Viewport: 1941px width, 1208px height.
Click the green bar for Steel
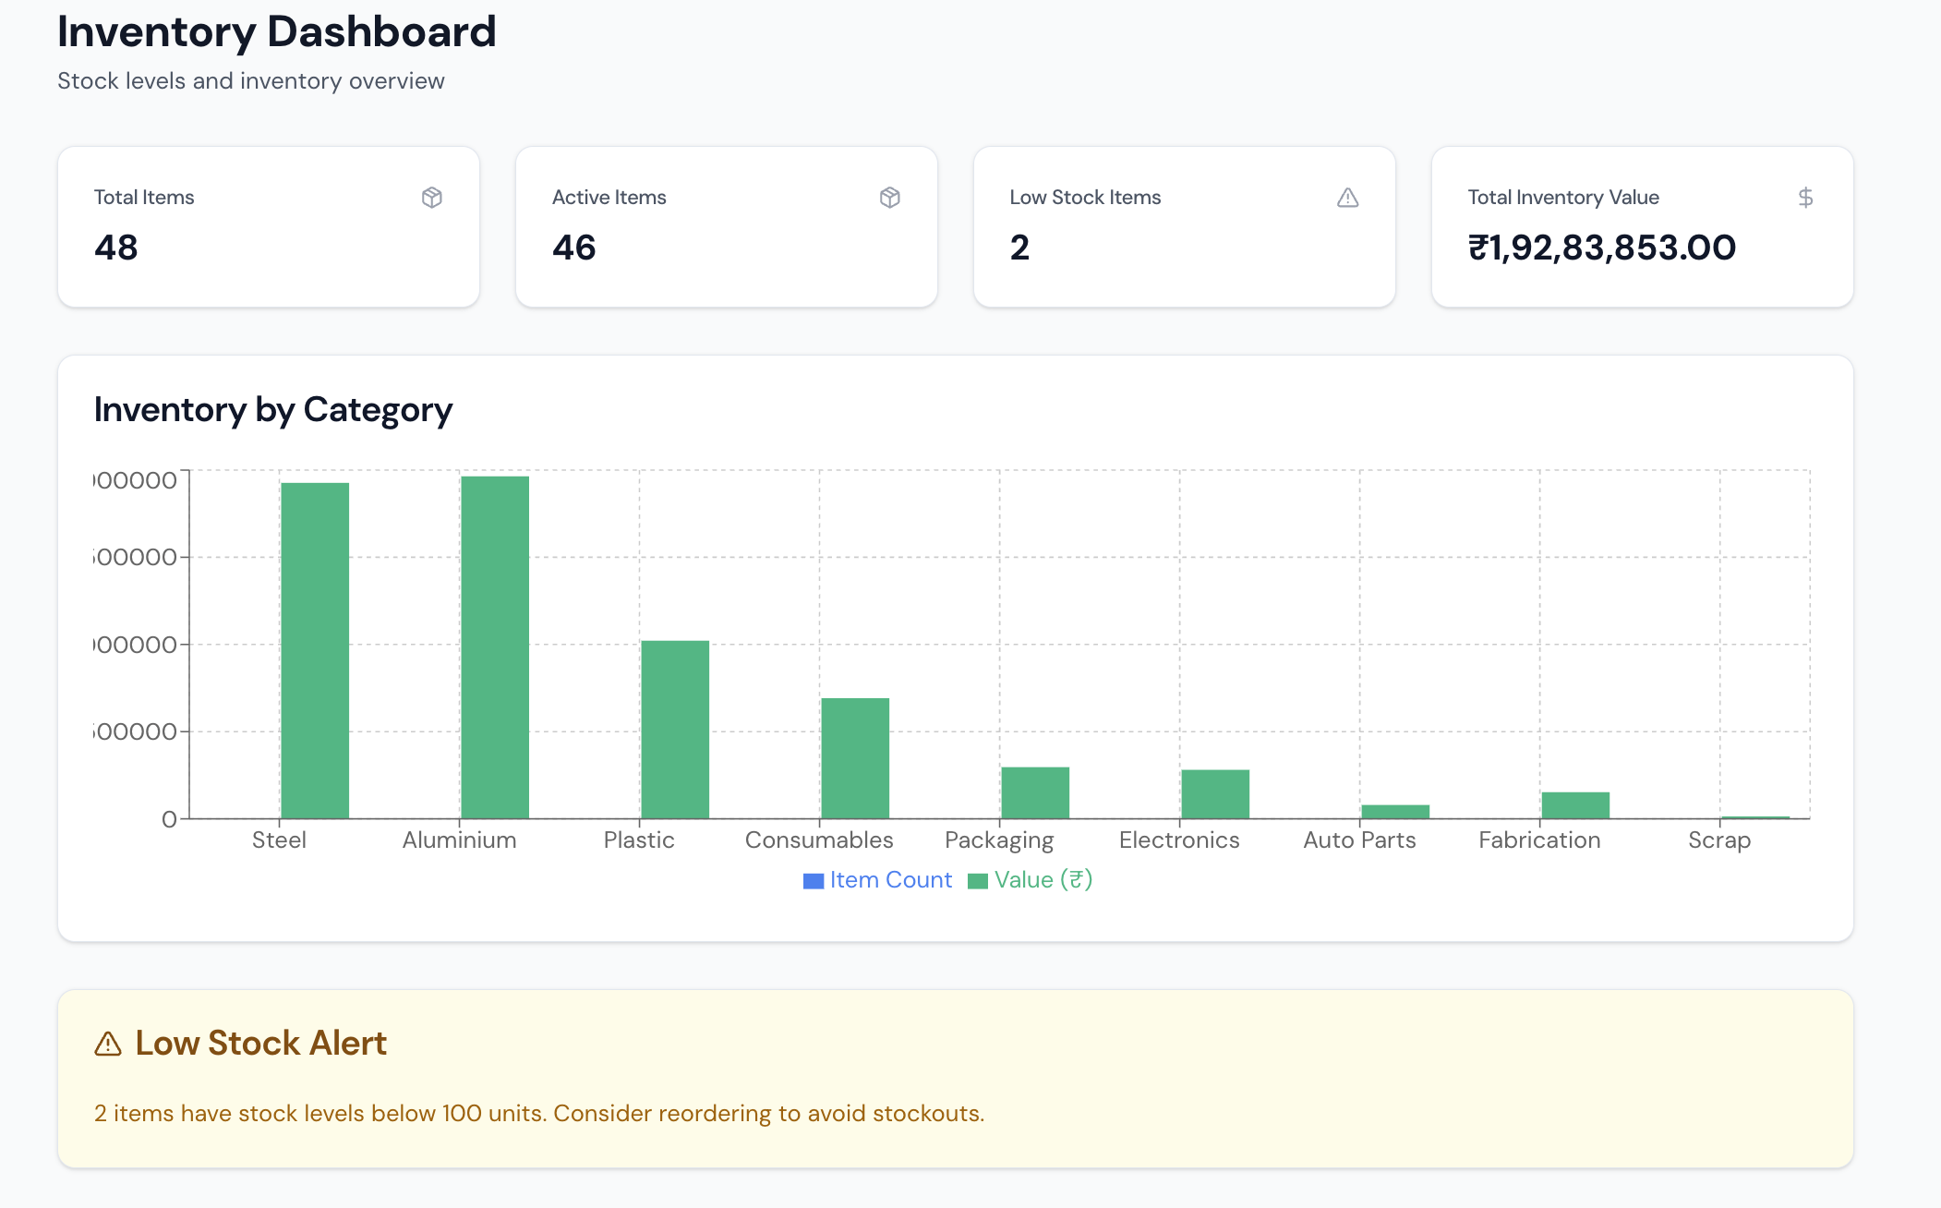click(x=315, y=650)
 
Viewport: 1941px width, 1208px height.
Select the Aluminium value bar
click(x=495, y=646)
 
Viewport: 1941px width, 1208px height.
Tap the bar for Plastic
click(x=675, y=729)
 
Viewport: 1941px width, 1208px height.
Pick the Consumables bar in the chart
click(x=855, y=757)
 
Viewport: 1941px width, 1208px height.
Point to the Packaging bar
click(x=1035, y=792)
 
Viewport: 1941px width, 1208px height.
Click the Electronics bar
click(x=1215, y=793)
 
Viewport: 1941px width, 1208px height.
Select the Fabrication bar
click(x=1575, y=804)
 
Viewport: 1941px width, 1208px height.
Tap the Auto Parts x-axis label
click(x=1359, y=840)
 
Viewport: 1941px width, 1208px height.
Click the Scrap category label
click(x=1719, y=840)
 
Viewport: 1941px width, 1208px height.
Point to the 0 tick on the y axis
click(x=169, y=819)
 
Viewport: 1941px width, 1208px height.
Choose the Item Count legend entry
click(x=878, y=880)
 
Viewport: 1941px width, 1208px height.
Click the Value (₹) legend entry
click(x=1031, y=880)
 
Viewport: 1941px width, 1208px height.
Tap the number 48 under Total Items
click(x=116, y=248)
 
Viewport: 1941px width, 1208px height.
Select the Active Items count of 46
click(x=574, y=248)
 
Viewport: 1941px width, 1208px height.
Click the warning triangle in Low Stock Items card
click(x=1347, y=198)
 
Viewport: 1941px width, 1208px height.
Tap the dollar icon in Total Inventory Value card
click(x=1805, y=198)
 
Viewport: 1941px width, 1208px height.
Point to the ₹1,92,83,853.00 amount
click(x=1602, y=248)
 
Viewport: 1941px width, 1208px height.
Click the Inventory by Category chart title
click(x=273, y=409)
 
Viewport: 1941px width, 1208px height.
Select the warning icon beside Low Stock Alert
click(x=108, y=1044)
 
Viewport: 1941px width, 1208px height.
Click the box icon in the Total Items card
click(x=431, y=198)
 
